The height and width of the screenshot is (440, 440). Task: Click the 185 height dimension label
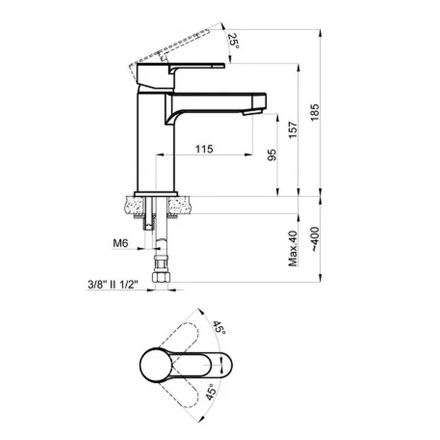pyautogui.click(x=315, y=112)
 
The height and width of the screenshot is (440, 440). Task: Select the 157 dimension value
pyautogui.click(x=293, y=130)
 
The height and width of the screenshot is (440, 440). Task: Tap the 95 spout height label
pyautogui.click(x=272, y=155)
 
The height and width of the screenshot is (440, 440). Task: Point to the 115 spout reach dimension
pyautogui.click(x=204, y=148)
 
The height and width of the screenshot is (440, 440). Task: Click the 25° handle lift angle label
pyautogui.click(x=233, y=41)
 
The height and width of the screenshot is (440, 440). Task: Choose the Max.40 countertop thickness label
pyautogui.click(x=293, y=249)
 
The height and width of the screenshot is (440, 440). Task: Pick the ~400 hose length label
pyautogui.click(x=315, y=239)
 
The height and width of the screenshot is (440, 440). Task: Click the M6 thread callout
pyautogui.click(x=120, y=243)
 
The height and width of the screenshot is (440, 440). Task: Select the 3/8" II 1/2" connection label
pyautogui.click(x=113, y=284)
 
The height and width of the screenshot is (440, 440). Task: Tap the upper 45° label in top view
pyautogui.click(x=219, y=327)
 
